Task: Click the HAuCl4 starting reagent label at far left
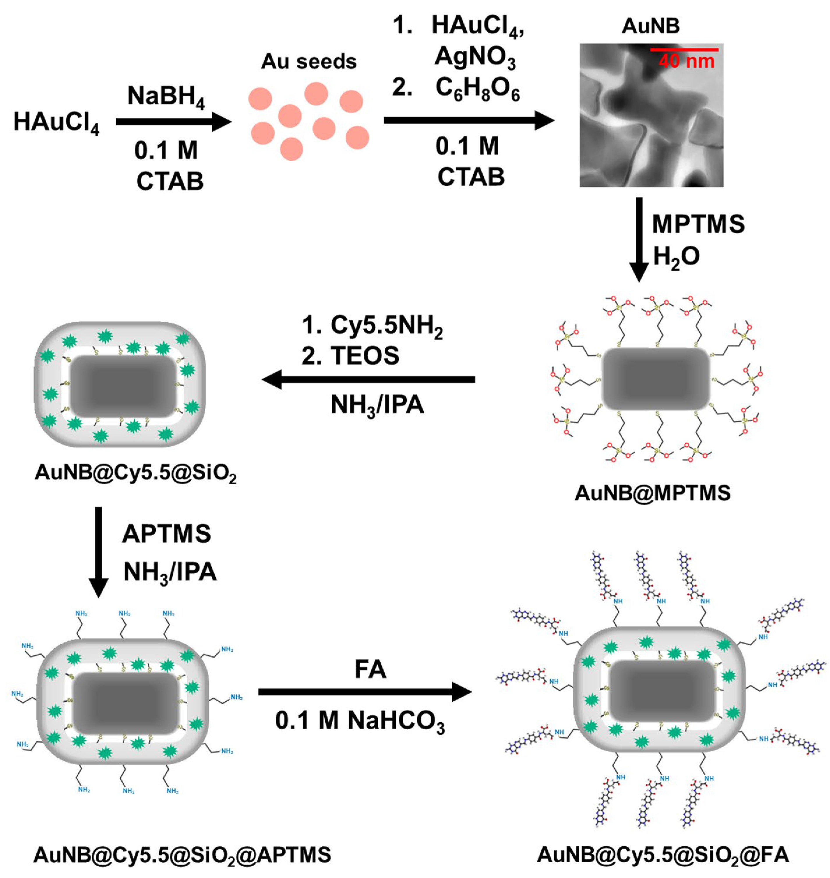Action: pyautogui.click(x=56, y=122)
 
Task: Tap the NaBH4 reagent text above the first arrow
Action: pyautogui.click(x=166, y=96)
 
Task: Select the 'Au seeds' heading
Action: pyautogui.click(x=308, y=61)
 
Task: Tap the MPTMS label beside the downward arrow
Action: pyautogui.click(x=698, y=224)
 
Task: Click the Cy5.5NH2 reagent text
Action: pyautogui.click(x=386, y=326)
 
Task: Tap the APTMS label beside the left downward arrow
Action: pyautogui.click(x=166, y=534)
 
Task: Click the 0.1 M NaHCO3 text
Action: pyautogui.click(x=360, y=721)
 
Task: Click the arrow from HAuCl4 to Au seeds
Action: pyautogui.click(x=174, y=122)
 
